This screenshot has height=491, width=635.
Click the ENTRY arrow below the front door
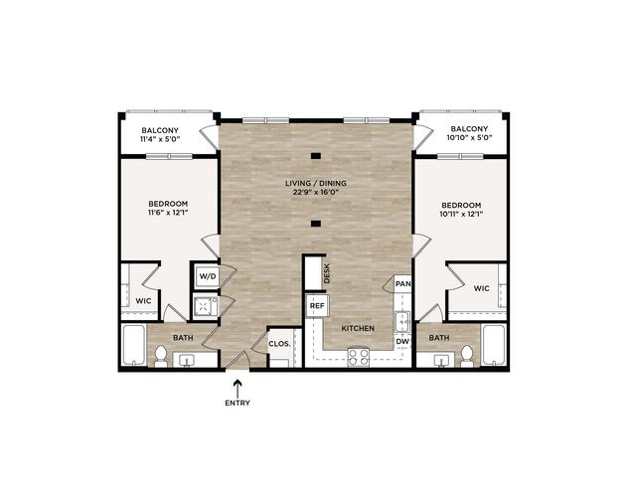point(238,388)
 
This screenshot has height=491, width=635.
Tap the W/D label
point(208,276)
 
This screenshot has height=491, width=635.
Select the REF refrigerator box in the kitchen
point(317,305)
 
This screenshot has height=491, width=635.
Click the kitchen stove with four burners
point(359,357)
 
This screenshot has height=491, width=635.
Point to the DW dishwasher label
point(402,342)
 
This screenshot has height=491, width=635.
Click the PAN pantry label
point(402,283)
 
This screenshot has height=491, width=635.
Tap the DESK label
point(327,273)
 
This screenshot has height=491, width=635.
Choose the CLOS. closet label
point(279,344)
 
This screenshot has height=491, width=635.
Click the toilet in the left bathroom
point(161,355)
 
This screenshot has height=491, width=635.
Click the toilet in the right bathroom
point(467,355)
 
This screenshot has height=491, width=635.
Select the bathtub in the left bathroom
point(134,346)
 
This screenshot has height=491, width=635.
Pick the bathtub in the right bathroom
point(494,345)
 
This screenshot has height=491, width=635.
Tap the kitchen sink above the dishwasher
point(402,322)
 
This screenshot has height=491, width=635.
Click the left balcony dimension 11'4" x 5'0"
point(160,139)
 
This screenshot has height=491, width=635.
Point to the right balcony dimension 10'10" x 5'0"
point(469,137)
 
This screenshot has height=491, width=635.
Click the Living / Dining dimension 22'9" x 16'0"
point(316,192)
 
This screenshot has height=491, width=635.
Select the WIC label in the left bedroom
point(143,301)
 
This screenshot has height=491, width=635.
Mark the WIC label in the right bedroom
point(482,288)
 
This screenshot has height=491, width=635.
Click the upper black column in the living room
point(316,156)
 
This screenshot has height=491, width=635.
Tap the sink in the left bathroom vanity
point(187,360)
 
